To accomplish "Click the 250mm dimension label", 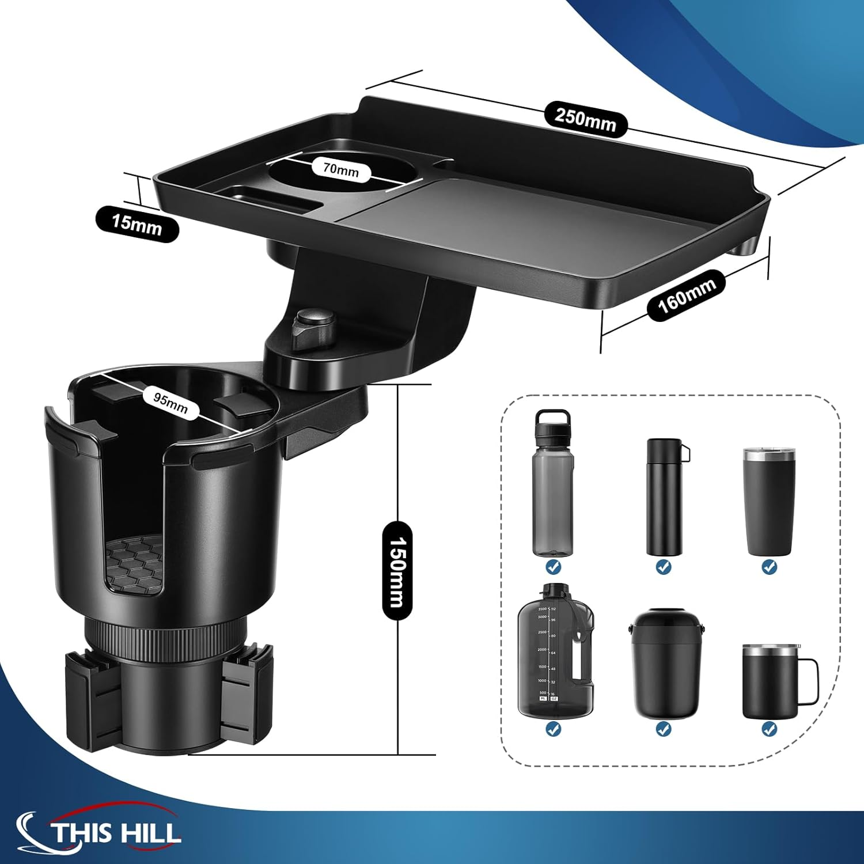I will point(585,119).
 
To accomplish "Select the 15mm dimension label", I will point(137,224).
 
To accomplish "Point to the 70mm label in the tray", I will point(340,170).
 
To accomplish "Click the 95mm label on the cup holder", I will point(170,401).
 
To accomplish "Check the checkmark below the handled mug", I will point(770,729).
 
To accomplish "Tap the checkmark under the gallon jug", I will point(554,729).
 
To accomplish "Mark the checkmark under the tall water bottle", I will point(554,567).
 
